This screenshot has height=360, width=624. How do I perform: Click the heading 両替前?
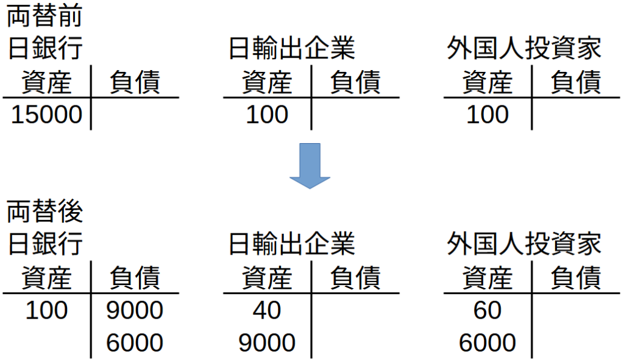[44, 16]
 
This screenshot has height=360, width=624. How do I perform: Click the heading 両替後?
[44, 211]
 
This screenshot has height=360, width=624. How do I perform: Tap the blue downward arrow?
[310, 166]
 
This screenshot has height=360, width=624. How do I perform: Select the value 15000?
[46, 115]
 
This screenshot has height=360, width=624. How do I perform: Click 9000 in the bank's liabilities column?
[135, 310]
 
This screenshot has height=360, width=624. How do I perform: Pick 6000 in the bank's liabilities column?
[135, 343]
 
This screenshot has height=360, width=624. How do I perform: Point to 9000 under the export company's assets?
[267, 343]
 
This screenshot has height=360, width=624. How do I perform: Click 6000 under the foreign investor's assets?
[487, 343]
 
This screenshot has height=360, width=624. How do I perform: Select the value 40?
[267, 310]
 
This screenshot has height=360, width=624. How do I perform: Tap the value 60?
[487, 310]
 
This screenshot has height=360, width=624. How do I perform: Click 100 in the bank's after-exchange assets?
[46, 310]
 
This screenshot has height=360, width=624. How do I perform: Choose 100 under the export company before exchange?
[267, 115]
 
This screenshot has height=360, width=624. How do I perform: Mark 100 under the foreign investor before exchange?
[487, 115]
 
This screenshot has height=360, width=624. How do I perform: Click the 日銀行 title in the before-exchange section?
[45, 48]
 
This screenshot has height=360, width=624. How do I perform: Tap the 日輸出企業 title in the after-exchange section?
[292, 244]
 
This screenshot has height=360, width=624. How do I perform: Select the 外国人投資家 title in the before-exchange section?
[523, 48]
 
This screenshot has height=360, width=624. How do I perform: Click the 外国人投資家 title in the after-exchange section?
[523, 244]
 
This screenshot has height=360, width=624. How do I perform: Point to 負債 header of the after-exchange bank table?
[135, 277]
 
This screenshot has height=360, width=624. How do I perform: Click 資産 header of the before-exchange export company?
[267, 82]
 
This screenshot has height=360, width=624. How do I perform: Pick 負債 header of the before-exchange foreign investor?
[575, 82]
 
